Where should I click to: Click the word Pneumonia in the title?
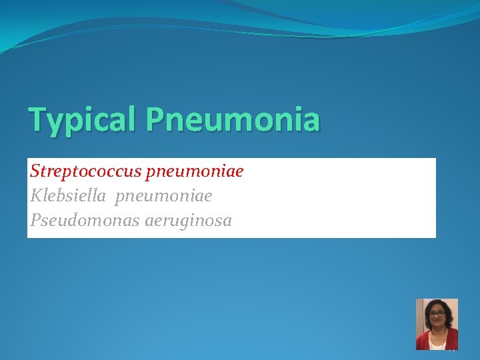point(233,120)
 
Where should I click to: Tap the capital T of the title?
point(37,120)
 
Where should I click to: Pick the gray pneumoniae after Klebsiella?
point(163,196)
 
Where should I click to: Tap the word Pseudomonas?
point(85,220)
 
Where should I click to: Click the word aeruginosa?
point(188,221)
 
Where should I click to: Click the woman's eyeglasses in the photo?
point(437,314)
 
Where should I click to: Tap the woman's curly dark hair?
point(437,304)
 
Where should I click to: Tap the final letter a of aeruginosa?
point(227,221)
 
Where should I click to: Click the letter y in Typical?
point(55,124)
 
